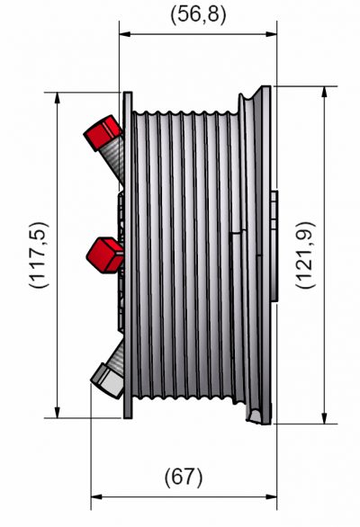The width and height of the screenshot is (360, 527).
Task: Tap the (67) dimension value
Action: pyautogui.click(x=184, y=476)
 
